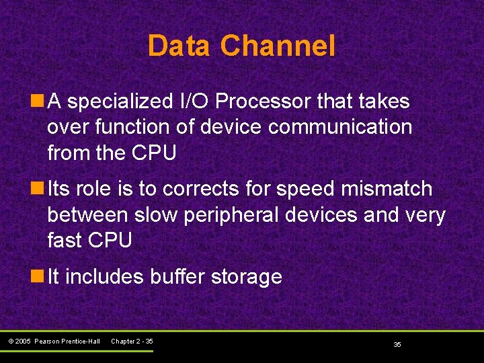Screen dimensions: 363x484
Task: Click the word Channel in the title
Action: pyautogui.click(x=278, y=46)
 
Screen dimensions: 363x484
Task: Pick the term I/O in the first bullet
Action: pyautogui.click(x=194, y=102)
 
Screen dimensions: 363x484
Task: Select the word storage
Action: pyautogui.click(x=247, y=277)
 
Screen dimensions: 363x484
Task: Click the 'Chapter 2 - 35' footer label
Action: pyautogui.click(x=132, y=341)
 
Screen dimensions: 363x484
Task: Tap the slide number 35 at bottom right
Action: pyautogui.click(x=397, y=344)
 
